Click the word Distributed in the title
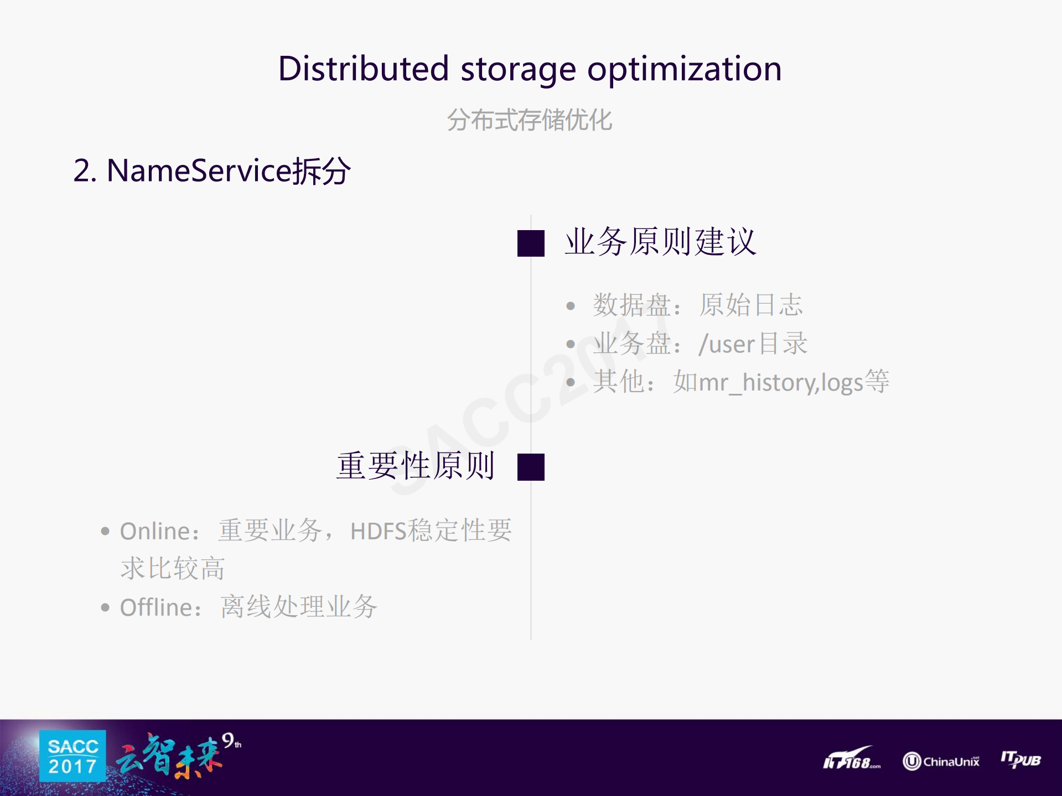click(x=363, y=69)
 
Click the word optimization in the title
click(x=684, y=69)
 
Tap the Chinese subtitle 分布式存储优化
click(x=530, y=120)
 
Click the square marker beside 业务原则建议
click(x=531, y=243)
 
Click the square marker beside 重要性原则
click(x=531, y=467)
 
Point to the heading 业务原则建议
click(x=660, y=242)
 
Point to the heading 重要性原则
click(x=415, y=466)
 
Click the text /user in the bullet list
click(x=727, y=344)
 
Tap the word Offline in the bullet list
click(x=156, y=607)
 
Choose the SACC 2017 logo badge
click(x=72, y=756)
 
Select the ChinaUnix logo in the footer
click(x=941, y=761)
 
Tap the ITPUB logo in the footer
click(x=1020, y=759)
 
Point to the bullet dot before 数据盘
click(x=571, y=306)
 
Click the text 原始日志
click(x=750, y=305)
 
